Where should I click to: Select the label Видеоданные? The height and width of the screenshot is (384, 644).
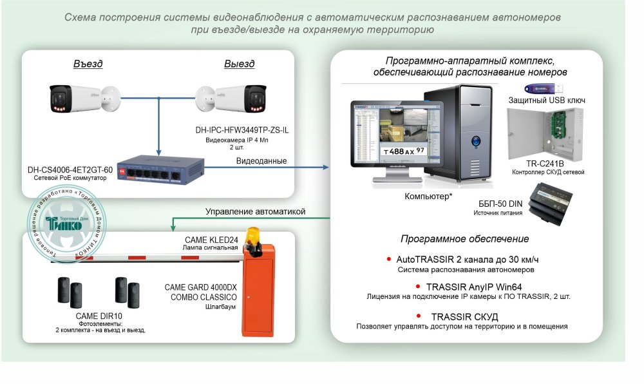[x=261, y=160]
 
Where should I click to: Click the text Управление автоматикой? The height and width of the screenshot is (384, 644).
[x=255, y=211]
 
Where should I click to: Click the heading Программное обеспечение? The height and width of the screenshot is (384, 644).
[x=465, y=239]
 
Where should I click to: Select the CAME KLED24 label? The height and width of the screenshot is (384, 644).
[x=212, y=240]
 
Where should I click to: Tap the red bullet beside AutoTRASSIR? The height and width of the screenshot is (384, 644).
[x=388, y=259]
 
